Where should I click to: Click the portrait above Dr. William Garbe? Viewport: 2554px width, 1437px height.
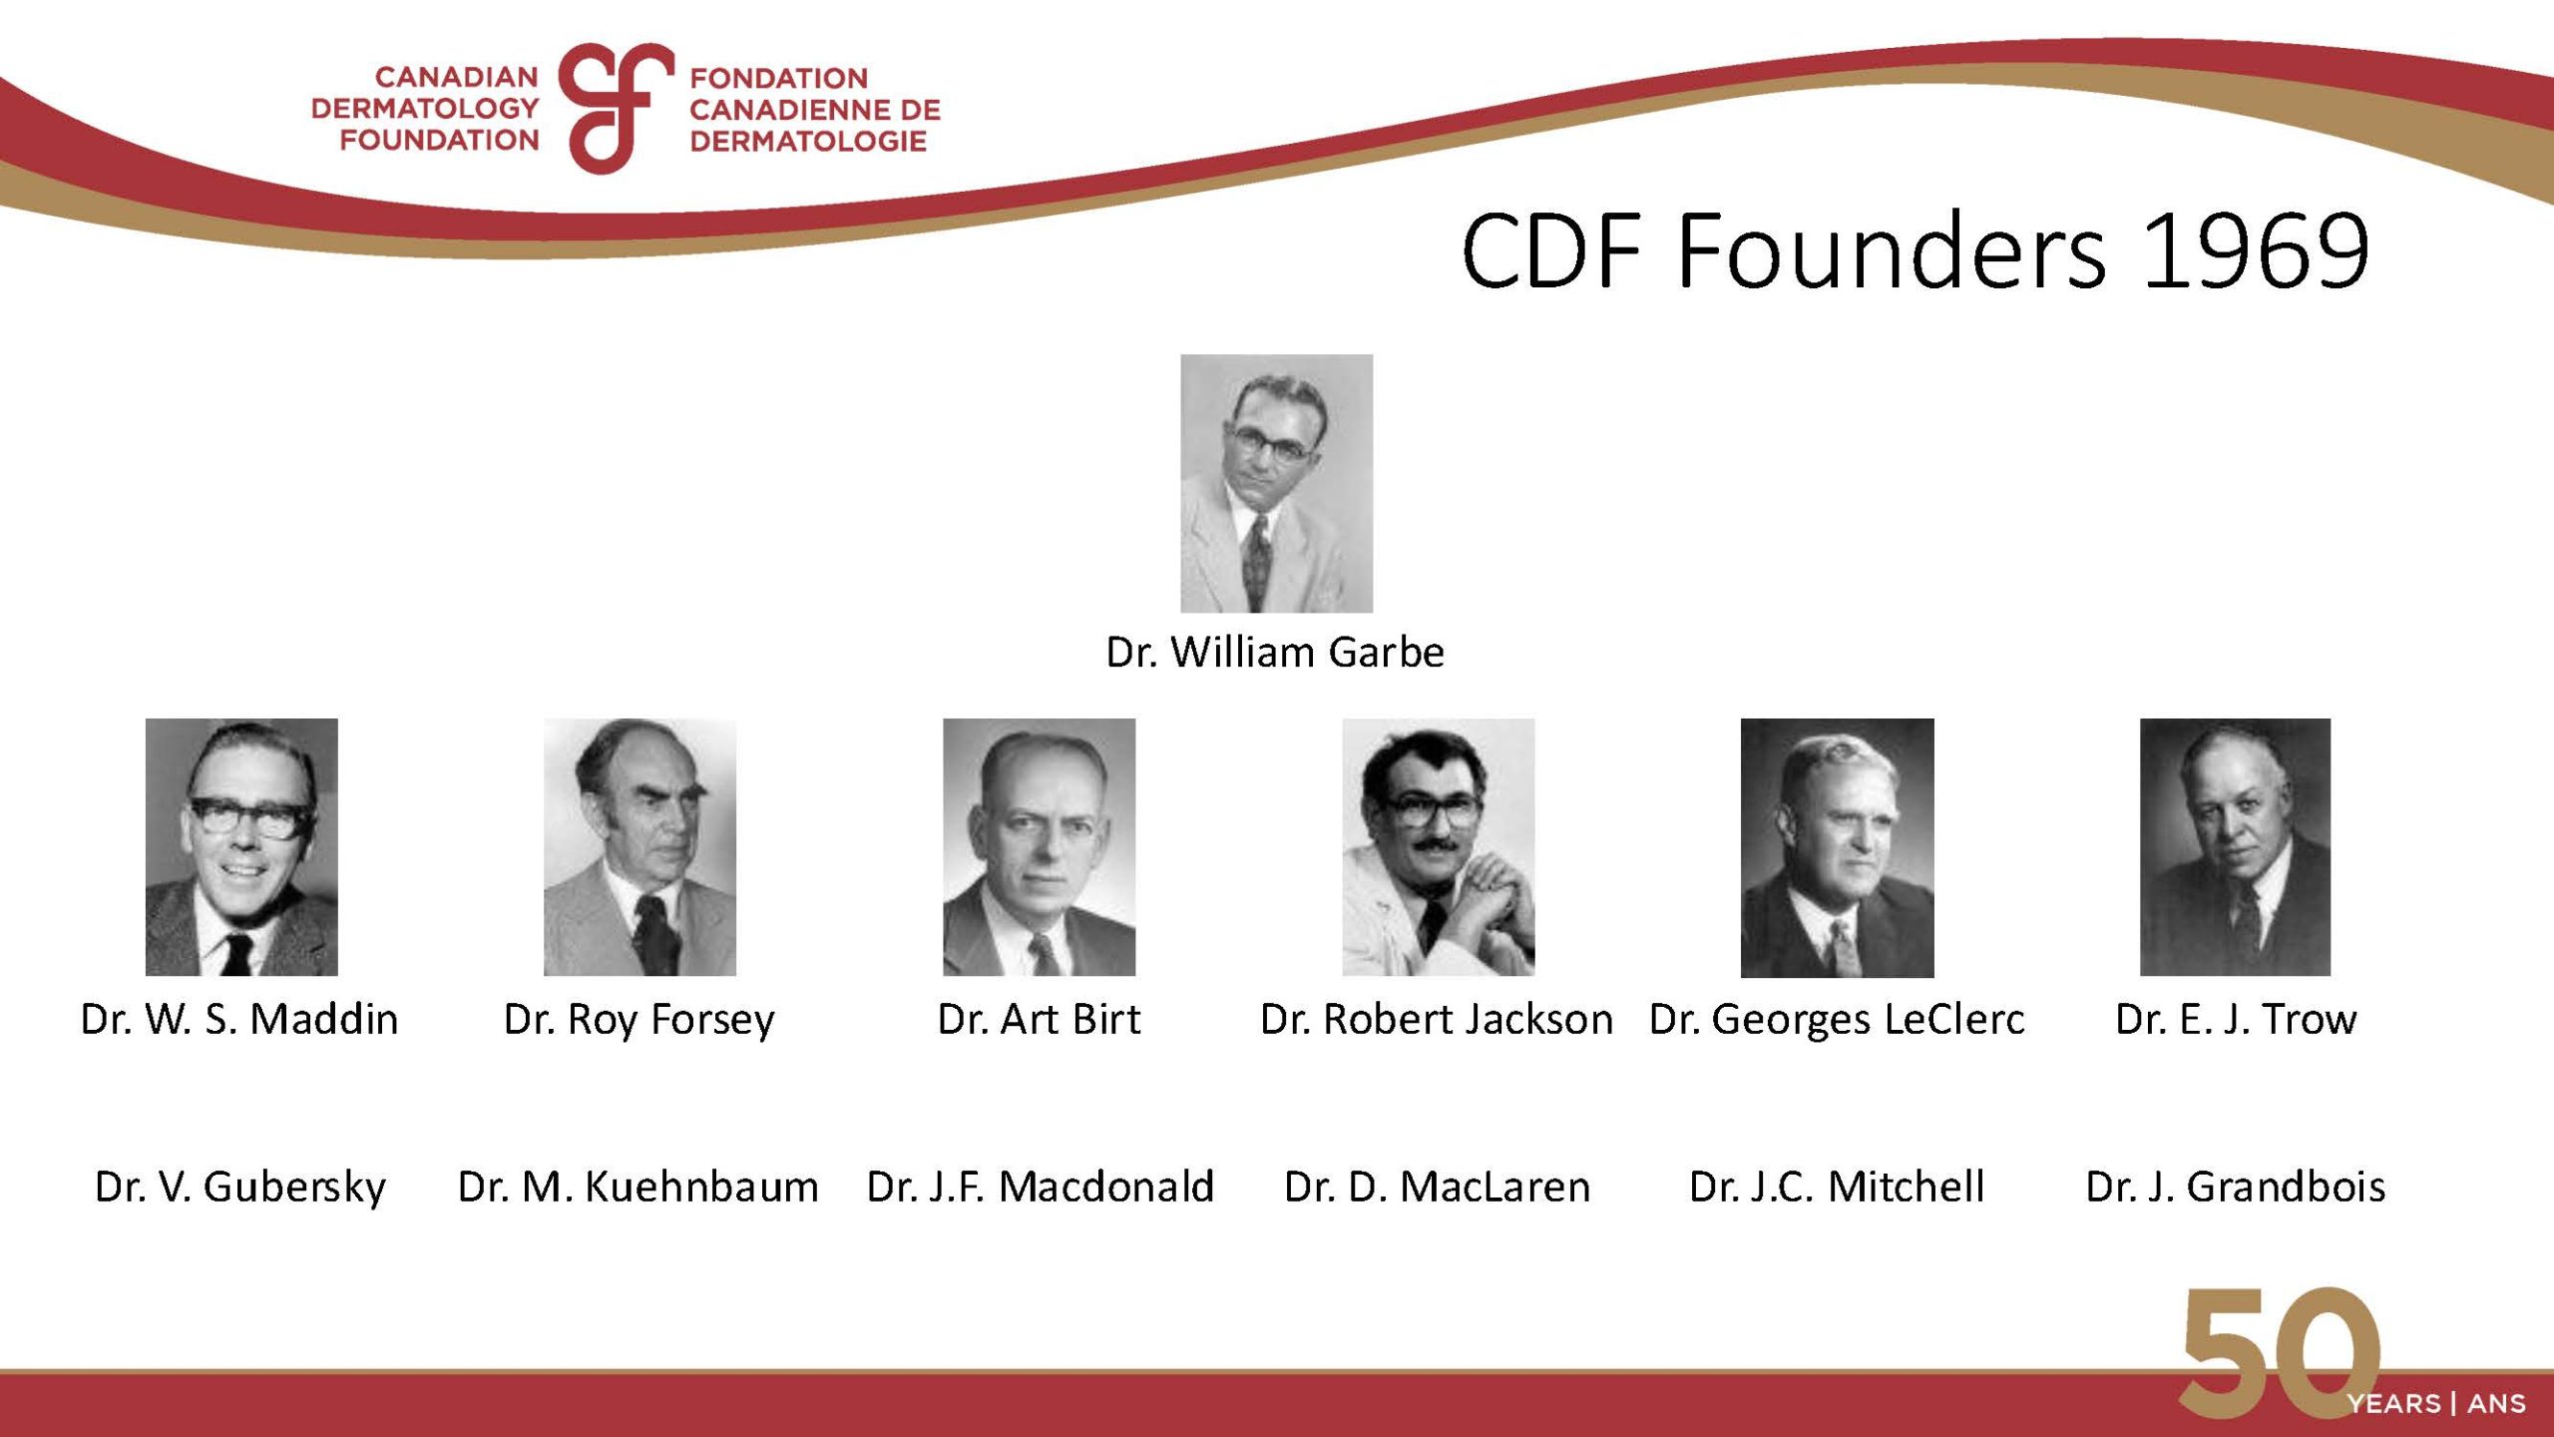pyautogui.click(x=1276, y=483)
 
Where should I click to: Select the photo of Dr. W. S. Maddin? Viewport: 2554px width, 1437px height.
pyautogui.click(x=241, y=847)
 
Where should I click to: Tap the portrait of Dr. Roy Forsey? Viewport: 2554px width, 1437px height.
pyautogui.click(x=639, y=847)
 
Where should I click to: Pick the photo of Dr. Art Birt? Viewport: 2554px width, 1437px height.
pyautogui.click(x=1039, y=847)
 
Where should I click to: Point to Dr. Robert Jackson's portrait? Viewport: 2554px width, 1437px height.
pyautogui.click(x=1438, y=847)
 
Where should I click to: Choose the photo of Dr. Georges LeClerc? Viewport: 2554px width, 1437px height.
pyautogui.click(x=1837, y=847)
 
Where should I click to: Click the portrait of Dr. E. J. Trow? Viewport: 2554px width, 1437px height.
pyautogui.click(x=2235, y=847)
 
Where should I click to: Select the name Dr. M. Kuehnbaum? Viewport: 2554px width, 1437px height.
pyautogui.click(x=638, y=1187)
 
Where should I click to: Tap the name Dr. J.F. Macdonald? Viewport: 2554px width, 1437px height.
pyautogui.click(x=1041, y=1187)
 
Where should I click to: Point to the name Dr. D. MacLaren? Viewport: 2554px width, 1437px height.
pyautogui.click(x=1438, y=1187)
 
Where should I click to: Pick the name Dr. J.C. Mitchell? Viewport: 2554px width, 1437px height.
pyautogui.click(x=1837, y=1187)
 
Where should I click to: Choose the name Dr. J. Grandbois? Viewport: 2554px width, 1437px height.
pyautogui.click(x=2236, y=1187)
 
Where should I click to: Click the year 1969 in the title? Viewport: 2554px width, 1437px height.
pyautogui.click(x=2256, y=250)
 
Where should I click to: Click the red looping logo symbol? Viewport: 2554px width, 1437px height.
pyautogui.click(x=615, y=108)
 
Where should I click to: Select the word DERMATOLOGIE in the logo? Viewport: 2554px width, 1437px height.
pyautogui.click(x=808, y=141)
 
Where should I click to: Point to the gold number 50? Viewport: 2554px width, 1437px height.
pyautogui.click(x=2280, y=1352)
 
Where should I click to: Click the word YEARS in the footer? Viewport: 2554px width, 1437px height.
pyautogui.click(x=2394, y=1404)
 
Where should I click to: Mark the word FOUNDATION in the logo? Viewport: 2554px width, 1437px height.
pyautogui.click(x=439, y=140)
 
